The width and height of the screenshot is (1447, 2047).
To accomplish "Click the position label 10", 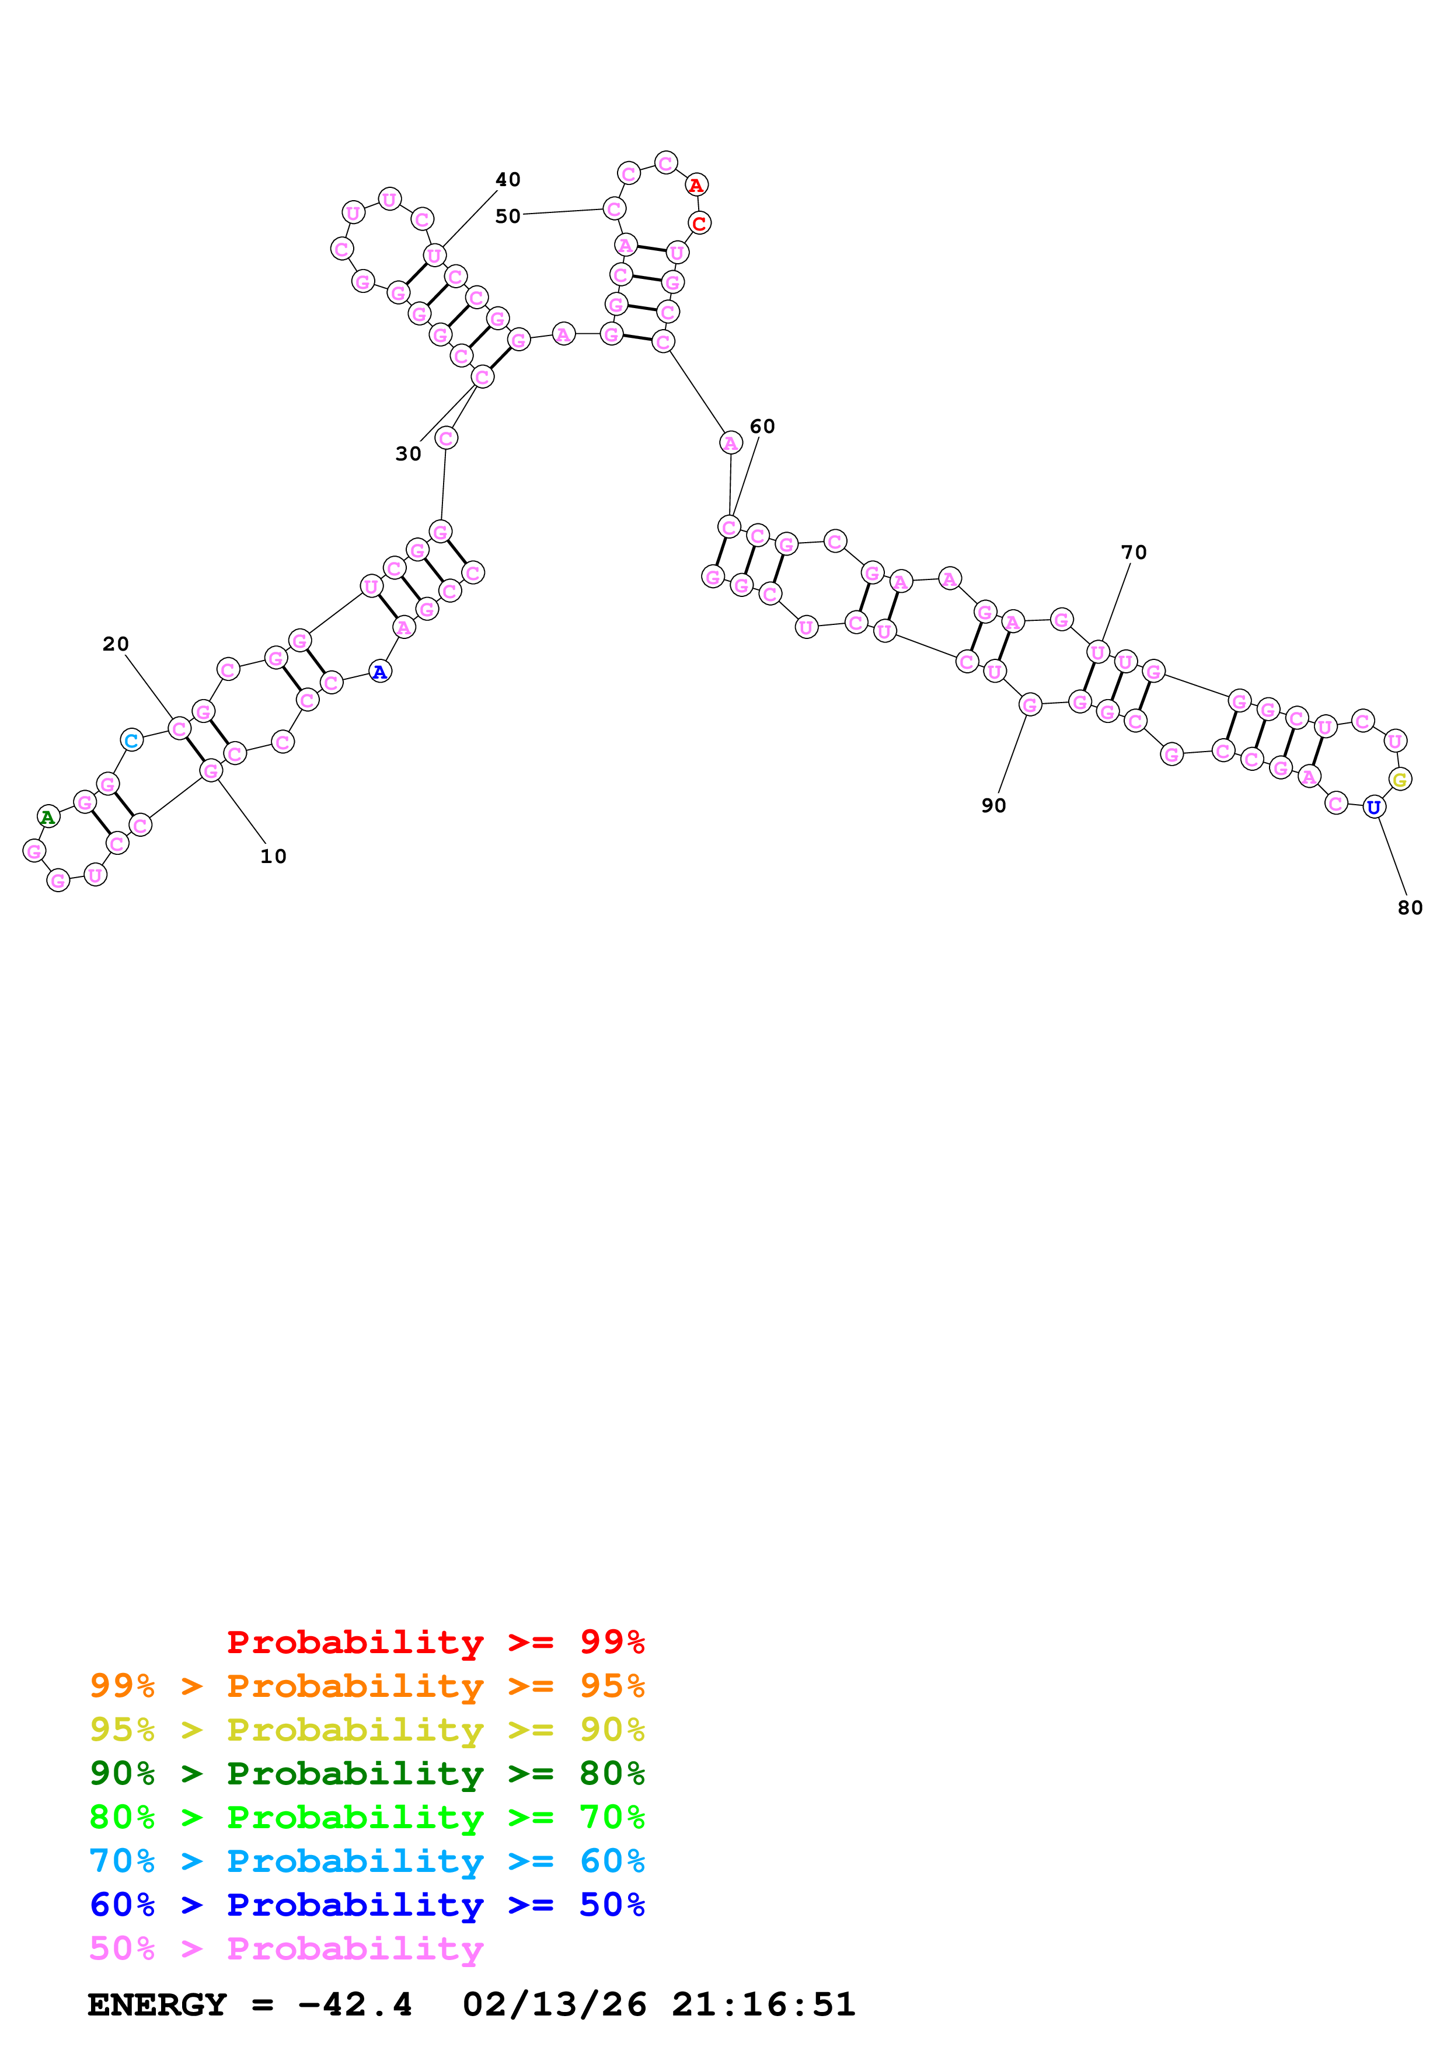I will click(x=273, y=856).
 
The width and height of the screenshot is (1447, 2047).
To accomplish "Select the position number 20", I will click(x=116, y=644).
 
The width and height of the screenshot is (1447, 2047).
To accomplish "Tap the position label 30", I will click(x=409, y=454).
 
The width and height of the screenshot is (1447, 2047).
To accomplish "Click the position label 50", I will click(x=508, y=216).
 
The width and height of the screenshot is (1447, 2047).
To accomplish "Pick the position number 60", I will click(x=762, y=426).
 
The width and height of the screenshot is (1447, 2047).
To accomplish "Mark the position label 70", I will click(x=1134, y=553).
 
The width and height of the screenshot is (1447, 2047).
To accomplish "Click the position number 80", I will click(x=1410, y=907).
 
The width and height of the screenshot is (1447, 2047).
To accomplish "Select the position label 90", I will click(x=994, y=806).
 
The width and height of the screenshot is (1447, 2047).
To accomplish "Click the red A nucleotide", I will click(x=696, y=186).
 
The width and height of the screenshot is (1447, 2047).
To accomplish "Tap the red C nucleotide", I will click(x=700, y=223).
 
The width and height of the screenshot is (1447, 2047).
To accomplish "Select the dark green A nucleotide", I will click(x=48, y=817).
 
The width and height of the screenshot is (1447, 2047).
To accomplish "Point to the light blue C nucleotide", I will click(x=132, y=740).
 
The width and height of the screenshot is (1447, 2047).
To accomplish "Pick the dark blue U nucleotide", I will click(x=1374, y=808).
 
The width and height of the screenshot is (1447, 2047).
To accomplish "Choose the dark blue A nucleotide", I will click(x=381, y=672).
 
